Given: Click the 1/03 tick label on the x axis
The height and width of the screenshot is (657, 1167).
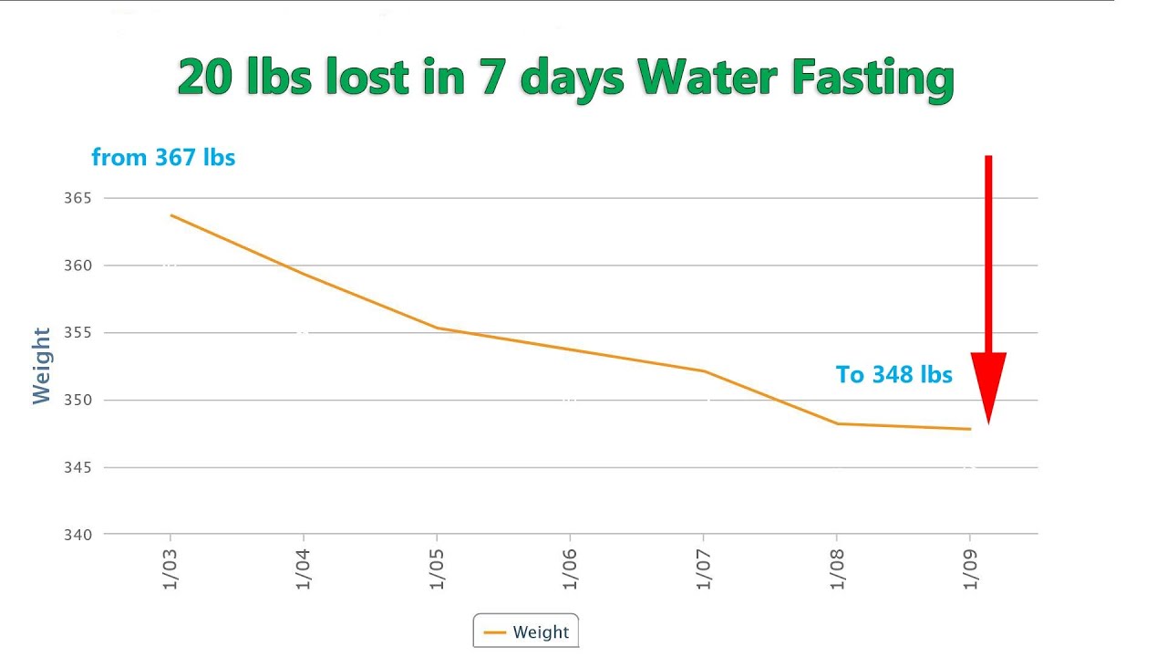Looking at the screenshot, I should coord(170,568).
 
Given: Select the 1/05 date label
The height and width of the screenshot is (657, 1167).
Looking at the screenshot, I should coord(438,568).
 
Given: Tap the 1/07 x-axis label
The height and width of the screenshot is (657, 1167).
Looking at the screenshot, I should coord(704,568).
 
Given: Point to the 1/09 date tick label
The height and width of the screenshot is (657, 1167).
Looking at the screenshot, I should coord(970,568).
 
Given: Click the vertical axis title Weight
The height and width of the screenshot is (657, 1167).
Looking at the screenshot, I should coord(42,365).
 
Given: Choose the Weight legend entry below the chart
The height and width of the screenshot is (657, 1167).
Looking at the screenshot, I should coord(526,631).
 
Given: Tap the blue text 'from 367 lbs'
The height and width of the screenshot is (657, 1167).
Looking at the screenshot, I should coord(163,158).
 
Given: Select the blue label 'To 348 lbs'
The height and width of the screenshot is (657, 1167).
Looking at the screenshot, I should coord(893,375).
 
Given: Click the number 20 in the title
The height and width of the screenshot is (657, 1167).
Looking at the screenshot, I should coord(203,78).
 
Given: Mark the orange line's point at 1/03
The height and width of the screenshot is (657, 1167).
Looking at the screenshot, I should coord(170,215).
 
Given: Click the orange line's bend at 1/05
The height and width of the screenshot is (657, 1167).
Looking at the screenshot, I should coord(437,328).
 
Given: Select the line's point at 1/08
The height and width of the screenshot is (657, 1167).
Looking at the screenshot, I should coord(837,423).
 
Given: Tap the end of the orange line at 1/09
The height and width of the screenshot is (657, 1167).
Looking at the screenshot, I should coord(970,429).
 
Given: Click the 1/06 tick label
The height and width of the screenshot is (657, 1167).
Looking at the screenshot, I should coord(571,568).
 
